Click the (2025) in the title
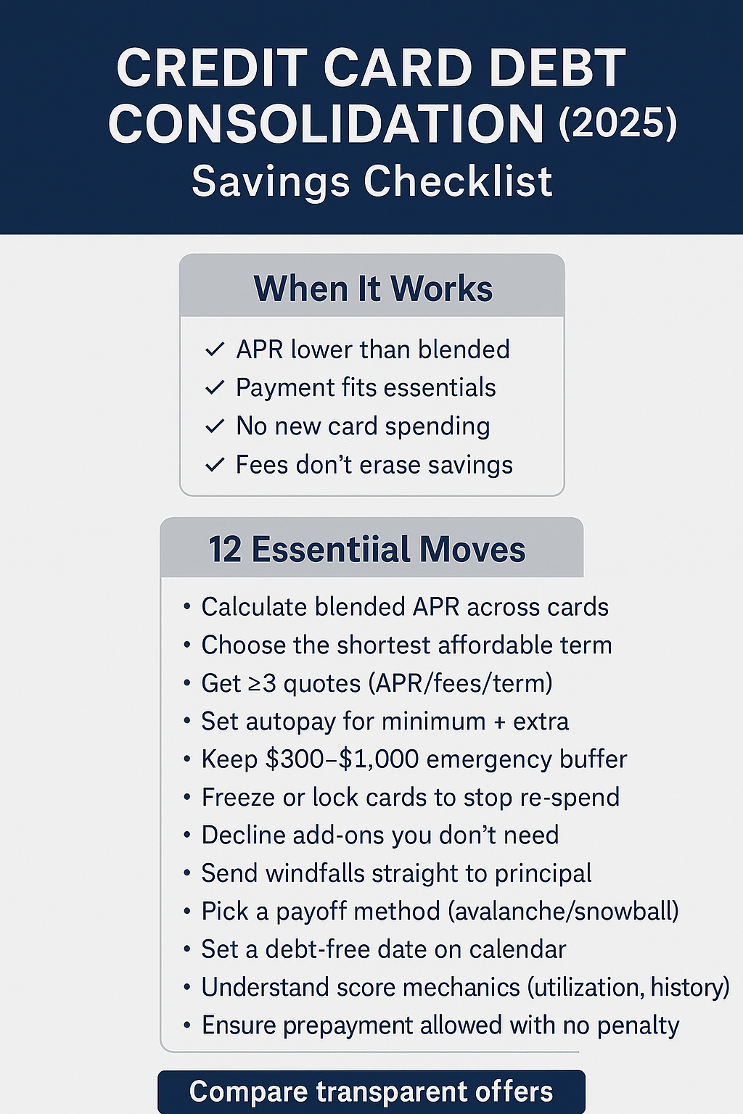pyautogui.click(x=617, y=123)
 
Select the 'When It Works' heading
pyautogui.click(x=373, y=289)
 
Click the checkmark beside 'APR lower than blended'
pyautogui.click(x=215, y=350)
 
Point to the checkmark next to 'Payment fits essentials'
pyautogui.click(x=215, y=388)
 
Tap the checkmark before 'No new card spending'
pyautogui.click(x=215, y=426)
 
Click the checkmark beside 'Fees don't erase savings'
pyautogui.click(x=215, y=465)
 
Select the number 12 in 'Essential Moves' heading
pyautogui.click(x=224, y=550)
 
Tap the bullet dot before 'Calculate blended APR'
pyautogui.click(x=187, y=606)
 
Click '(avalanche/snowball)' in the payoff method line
pyautogui.click(x=564, y=911)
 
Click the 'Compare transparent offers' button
pyautogui.click(x=371, y=1092)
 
